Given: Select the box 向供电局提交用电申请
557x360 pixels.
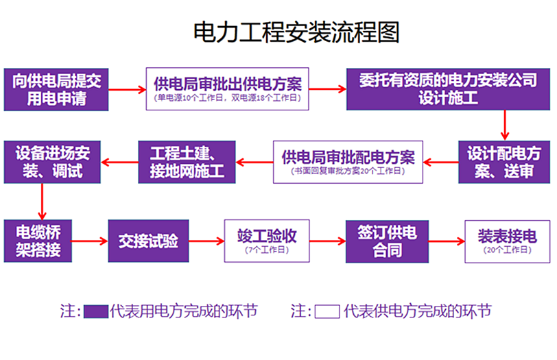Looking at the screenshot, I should point(57,89).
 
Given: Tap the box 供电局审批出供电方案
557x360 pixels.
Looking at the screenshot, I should point(228,88).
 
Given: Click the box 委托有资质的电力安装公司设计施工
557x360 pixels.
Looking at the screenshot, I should point(448,89).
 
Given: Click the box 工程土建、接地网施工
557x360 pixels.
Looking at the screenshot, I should point(187,162).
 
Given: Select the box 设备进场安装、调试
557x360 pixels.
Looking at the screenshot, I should point(52,162).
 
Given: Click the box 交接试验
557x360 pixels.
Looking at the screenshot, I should point(148,241).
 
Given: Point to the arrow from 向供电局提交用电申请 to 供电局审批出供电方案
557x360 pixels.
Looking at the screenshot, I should point(128,89).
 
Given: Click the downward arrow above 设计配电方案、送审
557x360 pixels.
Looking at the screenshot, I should point(505,125).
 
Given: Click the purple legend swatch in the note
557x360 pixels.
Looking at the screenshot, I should point(96,312).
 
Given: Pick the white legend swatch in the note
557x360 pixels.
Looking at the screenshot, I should point(327,312).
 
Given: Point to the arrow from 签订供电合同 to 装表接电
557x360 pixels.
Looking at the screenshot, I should point(447,241).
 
